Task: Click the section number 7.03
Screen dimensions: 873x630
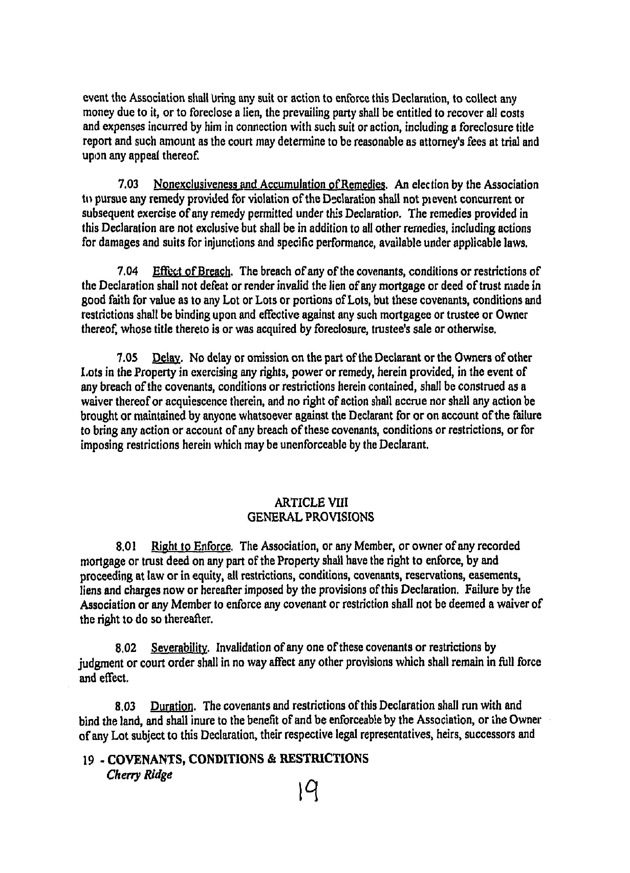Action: [128, 185]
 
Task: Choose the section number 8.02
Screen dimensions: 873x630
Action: [126, 648]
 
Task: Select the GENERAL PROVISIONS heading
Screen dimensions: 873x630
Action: [310, 517]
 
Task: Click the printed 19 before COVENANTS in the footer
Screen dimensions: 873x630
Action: [88, 759]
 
